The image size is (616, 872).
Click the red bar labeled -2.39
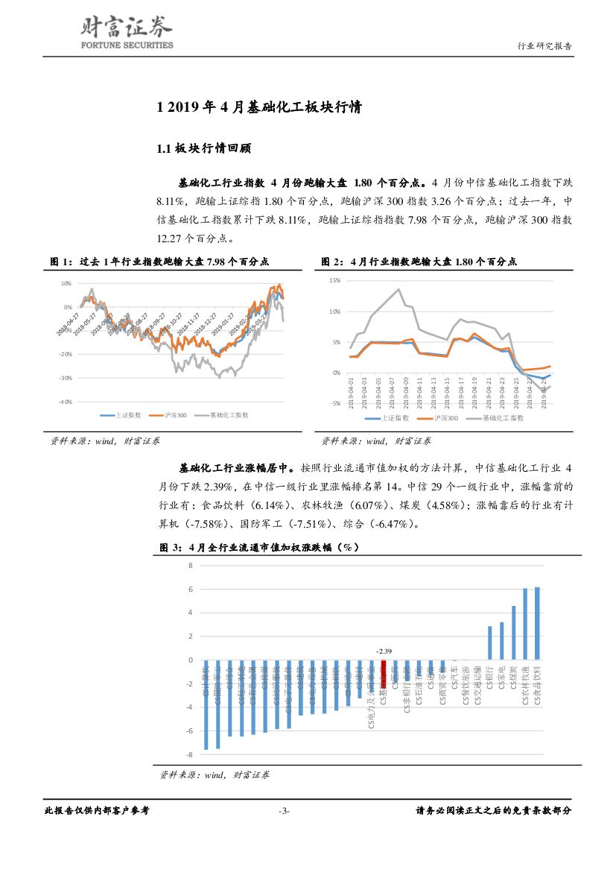384,673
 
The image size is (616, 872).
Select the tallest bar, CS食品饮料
537,623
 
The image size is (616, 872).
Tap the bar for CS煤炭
513,633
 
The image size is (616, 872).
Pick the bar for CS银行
489,642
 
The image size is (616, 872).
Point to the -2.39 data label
384,650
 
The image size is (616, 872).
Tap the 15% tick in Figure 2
334,281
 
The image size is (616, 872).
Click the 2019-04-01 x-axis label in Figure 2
350,391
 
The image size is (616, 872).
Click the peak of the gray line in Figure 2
399,289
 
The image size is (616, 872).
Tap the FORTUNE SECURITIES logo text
126,45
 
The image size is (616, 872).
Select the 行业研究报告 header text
544,46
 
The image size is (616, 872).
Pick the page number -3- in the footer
283,811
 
